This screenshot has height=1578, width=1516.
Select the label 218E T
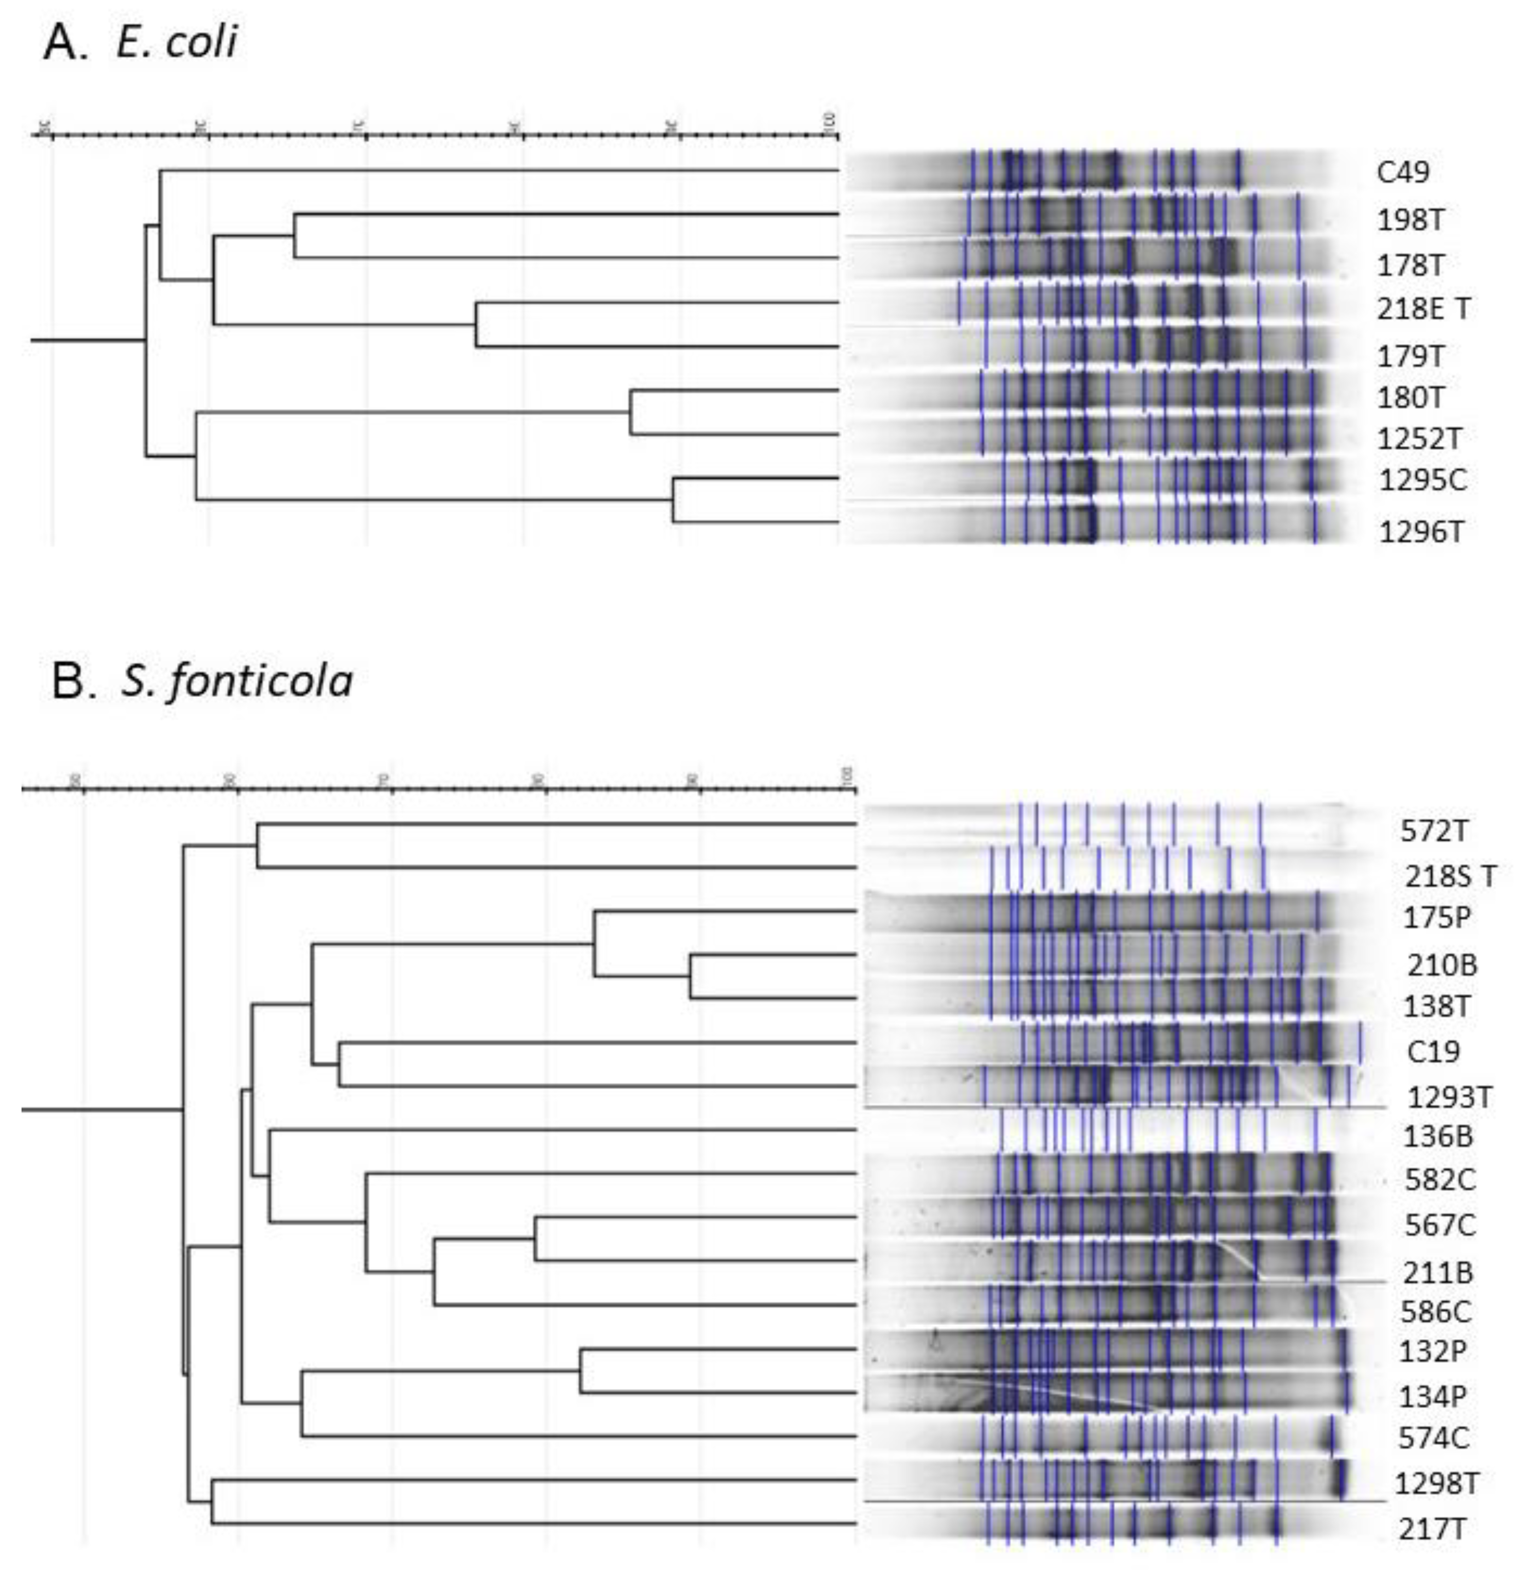click(1423, 308)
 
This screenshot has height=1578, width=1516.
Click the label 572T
click(1434, 831)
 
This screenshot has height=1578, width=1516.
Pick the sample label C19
click(1433, 1051)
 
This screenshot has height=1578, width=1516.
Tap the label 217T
click(1431, 1529)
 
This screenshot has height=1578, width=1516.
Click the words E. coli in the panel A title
click(177, 42)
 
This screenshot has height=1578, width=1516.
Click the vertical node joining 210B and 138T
click(690, 976)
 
